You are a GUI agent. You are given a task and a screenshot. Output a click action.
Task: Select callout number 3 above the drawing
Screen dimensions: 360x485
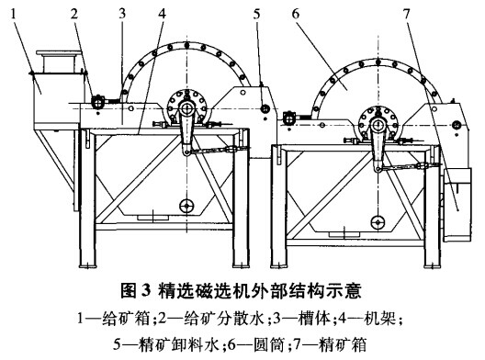point(121,12)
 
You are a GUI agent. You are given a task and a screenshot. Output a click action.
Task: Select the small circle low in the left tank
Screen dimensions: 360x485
point(186,206)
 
